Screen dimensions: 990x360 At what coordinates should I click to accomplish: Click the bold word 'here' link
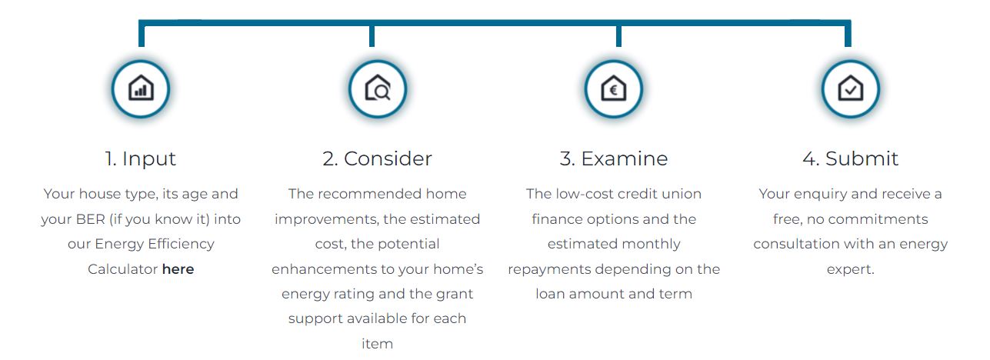click(178, 269)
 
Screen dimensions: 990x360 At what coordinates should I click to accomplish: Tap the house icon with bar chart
click(141, 88)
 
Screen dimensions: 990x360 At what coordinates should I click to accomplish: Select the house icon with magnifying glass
click(378, 88)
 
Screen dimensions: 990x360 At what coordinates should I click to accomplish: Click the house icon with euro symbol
click(613, 88)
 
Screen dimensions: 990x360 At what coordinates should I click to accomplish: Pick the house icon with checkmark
click(850, 88)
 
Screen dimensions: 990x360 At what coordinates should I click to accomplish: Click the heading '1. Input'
click(141, 159)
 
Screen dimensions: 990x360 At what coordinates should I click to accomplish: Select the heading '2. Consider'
click(377, 158)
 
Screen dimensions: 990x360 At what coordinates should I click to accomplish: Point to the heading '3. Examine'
click(613, 158)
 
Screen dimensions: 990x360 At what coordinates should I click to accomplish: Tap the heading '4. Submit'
click(850, 158)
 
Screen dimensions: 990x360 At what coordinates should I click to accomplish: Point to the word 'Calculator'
click(122, 269)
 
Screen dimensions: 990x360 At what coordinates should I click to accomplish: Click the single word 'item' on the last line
click(377, 344)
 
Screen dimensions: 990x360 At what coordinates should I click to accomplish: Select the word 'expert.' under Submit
click(850, 270)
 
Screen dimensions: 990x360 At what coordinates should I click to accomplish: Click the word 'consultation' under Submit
click(790, 244)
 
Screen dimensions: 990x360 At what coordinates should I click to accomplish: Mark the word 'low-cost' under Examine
click(585, 194)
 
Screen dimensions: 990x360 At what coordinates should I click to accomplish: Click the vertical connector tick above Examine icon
click(618, 36)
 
